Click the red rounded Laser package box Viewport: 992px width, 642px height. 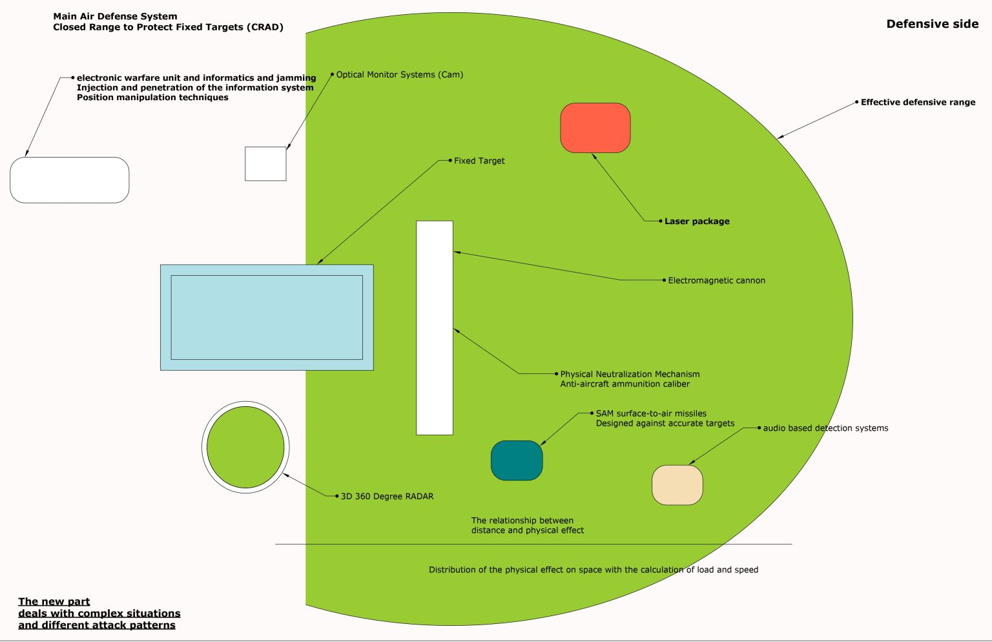tap(595, 128)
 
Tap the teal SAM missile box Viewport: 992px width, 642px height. tap(517, 461)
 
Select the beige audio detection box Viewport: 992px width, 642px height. tap(677, 485)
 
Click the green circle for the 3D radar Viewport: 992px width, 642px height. tap(245, 447)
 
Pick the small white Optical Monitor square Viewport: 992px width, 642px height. tap(265, 164)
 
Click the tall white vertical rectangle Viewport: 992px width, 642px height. tap(435, 327)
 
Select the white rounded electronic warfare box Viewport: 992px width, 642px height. tap(70, 180)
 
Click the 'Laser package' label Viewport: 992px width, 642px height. tap(697, 221)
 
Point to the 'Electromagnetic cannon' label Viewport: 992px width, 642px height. tap(716, 280)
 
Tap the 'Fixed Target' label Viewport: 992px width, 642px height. tap(479, 161)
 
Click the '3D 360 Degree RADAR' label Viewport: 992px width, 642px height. tap(387, 496)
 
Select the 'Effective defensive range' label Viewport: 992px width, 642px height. tap(918, 102)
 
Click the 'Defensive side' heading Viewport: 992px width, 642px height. tap(932, 24)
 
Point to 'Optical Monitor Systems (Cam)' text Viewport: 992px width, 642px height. tap(399, 74)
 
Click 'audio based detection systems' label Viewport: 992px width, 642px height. tap(825, 428)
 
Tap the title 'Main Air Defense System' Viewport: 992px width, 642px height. tap(115, 16)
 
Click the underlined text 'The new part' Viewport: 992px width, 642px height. tap(54, 601)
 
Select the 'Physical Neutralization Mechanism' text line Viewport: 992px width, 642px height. tap(630, 374)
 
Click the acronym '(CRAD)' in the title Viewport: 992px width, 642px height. tap(265, 27)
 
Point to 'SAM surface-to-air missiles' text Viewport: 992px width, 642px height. tap(651, 413)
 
